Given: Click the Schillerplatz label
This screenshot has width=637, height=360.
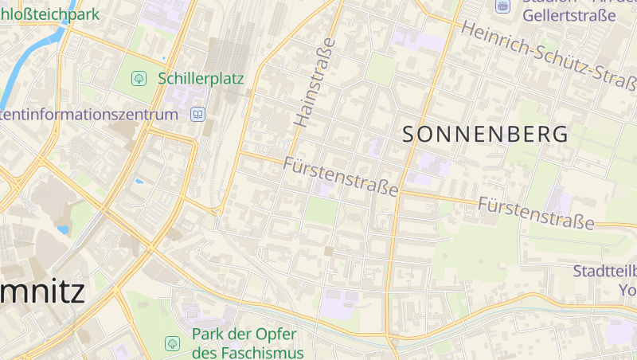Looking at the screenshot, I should pos(201,78).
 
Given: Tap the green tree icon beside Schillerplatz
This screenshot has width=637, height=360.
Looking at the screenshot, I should pos(139,78).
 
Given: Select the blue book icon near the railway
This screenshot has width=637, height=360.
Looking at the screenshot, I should pos(197,115).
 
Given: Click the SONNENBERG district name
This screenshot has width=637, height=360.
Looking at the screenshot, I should pos(486,135).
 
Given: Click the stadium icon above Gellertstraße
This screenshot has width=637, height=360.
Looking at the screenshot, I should pos(502,6).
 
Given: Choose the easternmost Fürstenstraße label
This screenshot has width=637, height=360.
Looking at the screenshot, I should pos(537,212).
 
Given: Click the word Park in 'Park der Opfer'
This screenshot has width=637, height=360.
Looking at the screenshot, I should pos(207,335).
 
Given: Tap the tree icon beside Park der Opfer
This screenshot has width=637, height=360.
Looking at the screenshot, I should pos(171,343).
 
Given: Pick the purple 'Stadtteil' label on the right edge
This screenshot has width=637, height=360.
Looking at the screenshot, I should pos(604,271).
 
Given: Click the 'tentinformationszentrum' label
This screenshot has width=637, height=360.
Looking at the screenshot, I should pos(89,114).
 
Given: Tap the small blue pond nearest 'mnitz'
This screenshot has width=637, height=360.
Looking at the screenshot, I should pos(63,230).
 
